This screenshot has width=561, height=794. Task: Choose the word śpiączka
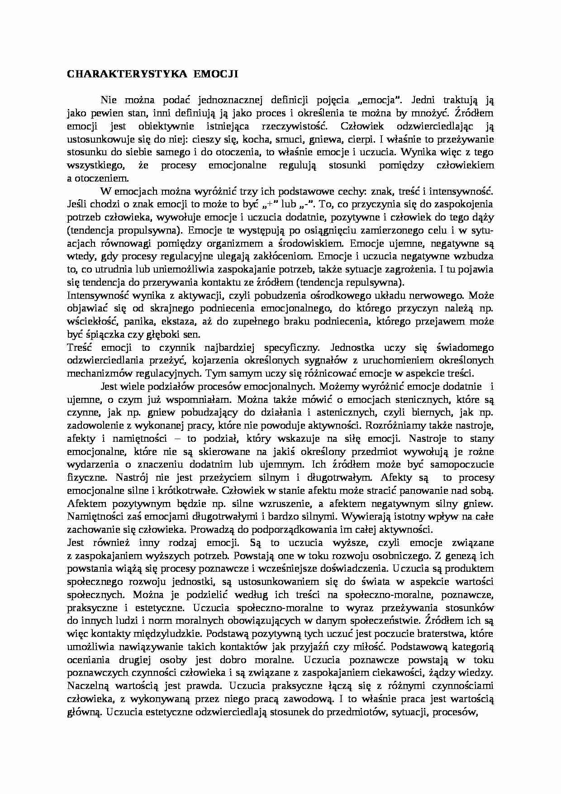click(x=102, y=335)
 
